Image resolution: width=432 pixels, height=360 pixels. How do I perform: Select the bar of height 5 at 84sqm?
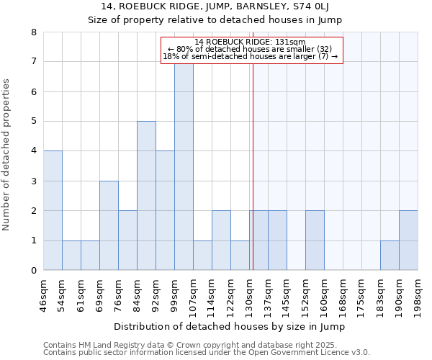click(146, 196)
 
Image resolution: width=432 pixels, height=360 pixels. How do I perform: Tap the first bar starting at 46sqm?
click(53, 210)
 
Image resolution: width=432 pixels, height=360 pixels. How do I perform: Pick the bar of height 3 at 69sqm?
click(109, 225)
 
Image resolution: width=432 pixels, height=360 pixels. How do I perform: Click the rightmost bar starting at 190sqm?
click(408, 240)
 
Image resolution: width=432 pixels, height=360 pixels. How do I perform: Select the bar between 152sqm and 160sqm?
click(315, 240)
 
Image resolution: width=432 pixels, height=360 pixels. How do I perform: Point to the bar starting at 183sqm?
click(390, 256)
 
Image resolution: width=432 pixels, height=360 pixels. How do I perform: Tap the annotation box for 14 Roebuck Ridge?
click(251, 50)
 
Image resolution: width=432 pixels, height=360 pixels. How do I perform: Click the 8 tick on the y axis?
click(33, 32)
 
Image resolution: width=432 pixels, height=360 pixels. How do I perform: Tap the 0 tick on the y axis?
click(33, 271)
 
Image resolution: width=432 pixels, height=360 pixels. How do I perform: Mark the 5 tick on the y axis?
click(33, 122)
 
